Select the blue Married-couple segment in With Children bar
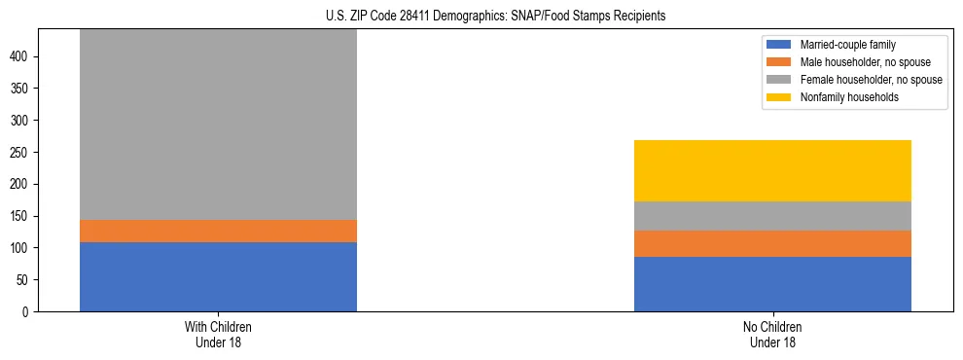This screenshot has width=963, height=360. (x=218, y=276)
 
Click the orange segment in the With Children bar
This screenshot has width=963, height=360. (x=218, y=231)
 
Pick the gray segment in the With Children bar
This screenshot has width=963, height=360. (x=218, y=125)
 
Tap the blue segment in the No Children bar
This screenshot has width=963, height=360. (x=772, y=284)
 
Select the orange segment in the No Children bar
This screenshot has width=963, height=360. (x=772, y=243)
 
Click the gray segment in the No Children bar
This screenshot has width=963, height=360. (x=772, y=216)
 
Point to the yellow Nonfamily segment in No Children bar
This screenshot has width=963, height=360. (x=772, y=170)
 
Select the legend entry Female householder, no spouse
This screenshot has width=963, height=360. (x=870, y=80)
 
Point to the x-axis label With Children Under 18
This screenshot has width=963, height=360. (x=218, y=334)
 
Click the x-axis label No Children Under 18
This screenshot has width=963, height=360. (x=772, y=334)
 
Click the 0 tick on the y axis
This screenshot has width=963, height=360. (x=29, y=311)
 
